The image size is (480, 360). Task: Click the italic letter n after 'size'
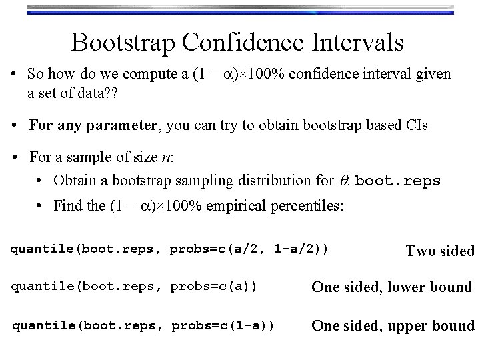tap(165, 157)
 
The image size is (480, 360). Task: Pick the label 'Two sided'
tap(440, 251)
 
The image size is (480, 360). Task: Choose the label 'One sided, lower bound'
tap(391, 287)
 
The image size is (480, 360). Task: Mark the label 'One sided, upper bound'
tap(393, 326)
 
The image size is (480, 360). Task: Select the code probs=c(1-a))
tap(223, 326)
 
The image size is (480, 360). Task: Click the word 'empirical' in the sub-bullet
tap(245, 206)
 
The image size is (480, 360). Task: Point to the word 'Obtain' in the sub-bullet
tap(74, 181)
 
